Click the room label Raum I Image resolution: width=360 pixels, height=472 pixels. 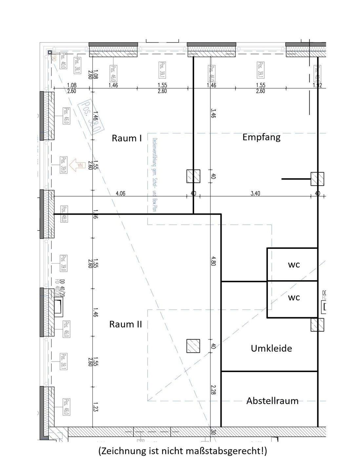click(127, 138)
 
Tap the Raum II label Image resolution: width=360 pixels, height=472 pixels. click(126, 324)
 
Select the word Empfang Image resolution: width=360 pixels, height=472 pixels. click(261, 137)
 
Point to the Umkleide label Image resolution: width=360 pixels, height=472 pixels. click(271, 348)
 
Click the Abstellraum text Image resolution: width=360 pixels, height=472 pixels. click(272, 401)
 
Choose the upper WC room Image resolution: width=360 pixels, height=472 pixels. click(294, 265)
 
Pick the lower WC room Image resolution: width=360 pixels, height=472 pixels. click(294, 297)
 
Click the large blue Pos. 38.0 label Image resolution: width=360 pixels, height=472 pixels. click(90, 117)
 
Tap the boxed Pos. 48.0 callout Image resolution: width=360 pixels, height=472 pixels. click(64, 214)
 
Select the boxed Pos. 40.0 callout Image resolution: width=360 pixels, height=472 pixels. click(64, 61)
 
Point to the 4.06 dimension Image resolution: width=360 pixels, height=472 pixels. click(120, 193)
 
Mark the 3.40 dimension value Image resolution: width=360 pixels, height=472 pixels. click(255, 193)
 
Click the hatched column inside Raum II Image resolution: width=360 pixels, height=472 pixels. click(193, 346)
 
